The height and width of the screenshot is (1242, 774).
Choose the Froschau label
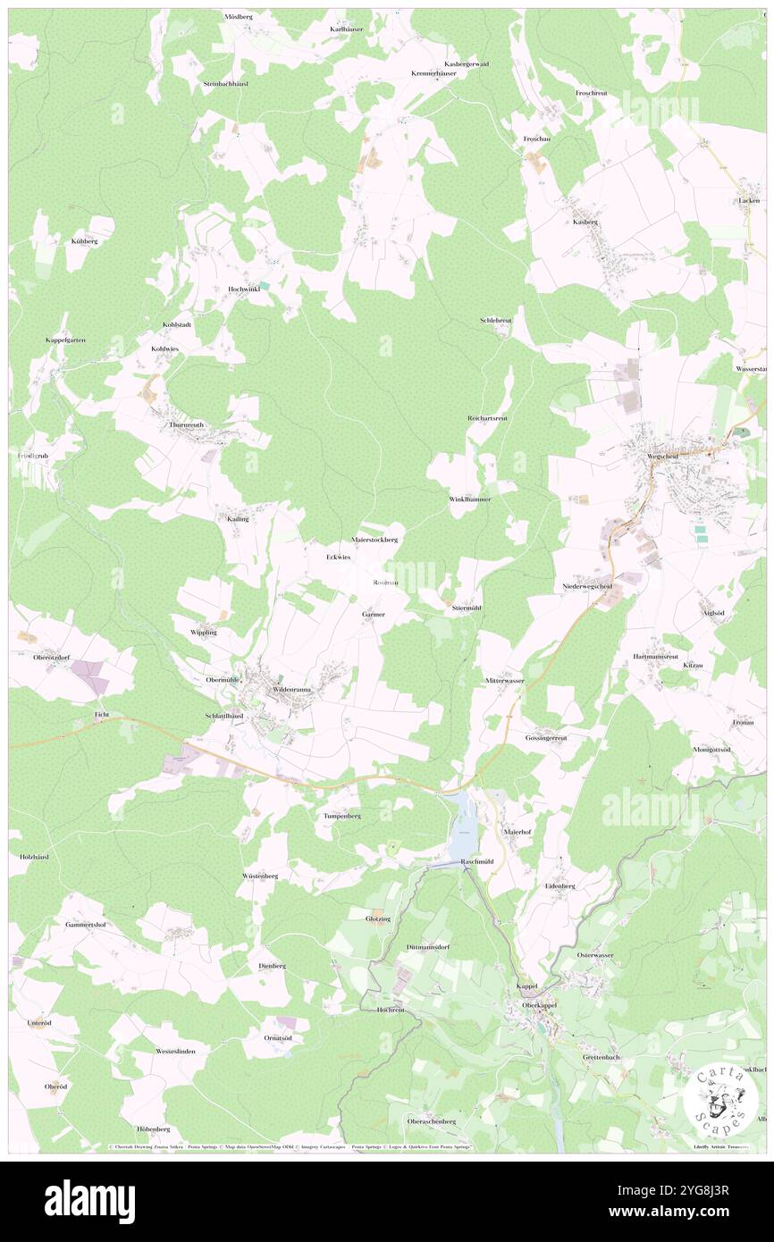pyautogui.click(x=537, y=138)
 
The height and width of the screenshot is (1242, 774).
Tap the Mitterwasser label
pyautogui.click(x=504, y=681)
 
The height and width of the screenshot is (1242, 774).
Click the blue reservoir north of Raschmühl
pyautogui.click(x=463, y=827)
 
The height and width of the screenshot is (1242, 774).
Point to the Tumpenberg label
pyautogui.click(x=341, y=816)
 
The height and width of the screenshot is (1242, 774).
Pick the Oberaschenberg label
pyautogui.click(x=432, y=1120)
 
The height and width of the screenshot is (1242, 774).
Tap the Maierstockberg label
pyautogui.click(x=374, y=540)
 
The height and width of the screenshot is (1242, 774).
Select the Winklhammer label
pyautogui.click(x=469, y=499)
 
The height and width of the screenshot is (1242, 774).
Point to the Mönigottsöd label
pyautogui.click(x=711, y=749)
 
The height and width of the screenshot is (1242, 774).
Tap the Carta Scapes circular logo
pyautogui.click(x=720, y=1099)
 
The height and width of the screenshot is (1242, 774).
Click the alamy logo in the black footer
pyautogui.click(x=89, y=1200)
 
